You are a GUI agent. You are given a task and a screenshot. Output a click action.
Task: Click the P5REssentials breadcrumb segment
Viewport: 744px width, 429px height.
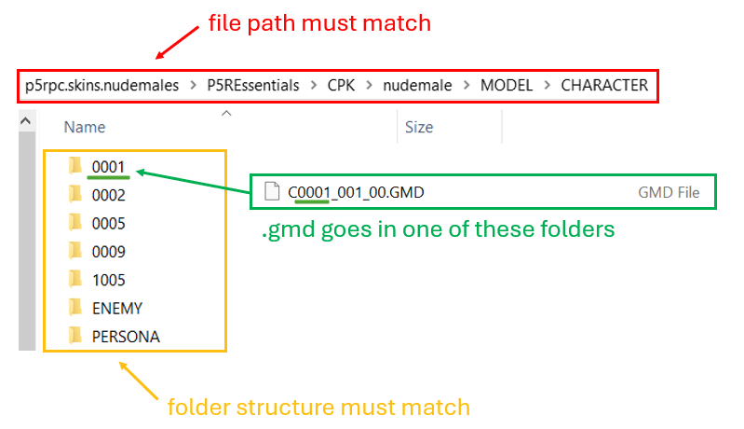point(253,86)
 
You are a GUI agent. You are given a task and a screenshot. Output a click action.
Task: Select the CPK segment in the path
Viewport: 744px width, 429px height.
point(341,86)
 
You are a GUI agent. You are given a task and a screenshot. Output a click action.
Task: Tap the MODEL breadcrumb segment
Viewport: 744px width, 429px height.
point(507,86)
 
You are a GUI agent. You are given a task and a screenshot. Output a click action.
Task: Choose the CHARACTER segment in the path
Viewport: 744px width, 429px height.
point(604,86)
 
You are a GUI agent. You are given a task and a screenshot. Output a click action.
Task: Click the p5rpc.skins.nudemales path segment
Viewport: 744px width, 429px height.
point(102,86)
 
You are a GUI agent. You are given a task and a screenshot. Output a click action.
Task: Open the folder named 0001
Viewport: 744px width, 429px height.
point(108,167)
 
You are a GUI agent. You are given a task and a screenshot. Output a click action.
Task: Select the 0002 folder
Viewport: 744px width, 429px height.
point(108,195)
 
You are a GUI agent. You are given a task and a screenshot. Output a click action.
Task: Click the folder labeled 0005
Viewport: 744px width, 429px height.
point(108,223)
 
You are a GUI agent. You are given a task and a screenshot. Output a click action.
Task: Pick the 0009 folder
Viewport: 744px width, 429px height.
point(108,252)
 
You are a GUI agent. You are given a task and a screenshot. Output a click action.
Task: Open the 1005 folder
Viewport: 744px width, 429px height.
point(108,280)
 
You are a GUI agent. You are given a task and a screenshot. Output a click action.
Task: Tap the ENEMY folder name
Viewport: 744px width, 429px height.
point(117,309)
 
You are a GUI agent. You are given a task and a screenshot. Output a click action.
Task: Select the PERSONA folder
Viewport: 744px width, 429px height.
point(126,337)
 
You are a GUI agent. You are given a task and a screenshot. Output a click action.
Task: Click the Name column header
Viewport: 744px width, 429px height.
point(85,127)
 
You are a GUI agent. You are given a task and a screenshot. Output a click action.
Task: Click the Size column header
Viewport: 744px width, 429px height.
point(419,127)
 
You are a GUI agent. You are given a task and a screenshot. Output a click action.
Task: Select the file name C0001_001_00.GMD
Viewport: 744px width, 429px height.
point(356,192)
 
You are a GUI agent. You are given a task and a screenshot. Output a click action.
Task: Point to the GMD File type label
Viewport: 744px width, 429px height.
point(669,192)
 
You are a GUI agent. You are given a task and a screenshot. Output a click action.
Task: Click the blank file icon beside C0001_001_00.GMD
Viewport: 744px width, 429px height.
point(272,191)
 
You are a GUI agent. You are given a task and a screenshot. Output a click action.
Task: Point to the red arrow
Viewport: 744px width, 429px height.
point(177,43)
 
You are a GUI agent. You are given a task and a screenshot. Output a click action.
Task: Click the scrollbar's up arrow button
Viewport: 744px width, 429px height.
point(26,121)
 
